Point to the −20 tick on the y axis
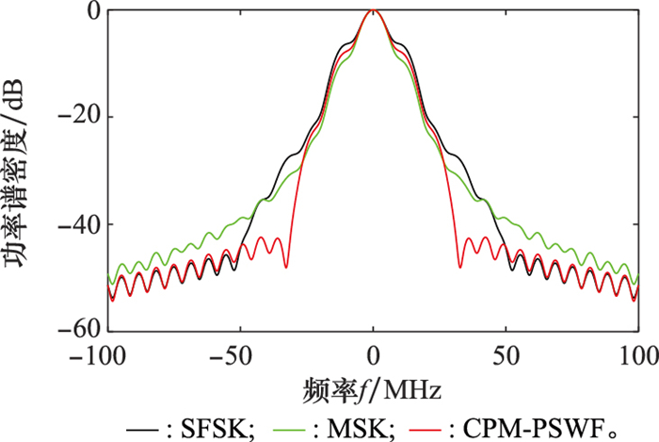79,118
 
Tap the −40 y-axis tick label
79,224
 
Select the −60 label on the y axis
79,330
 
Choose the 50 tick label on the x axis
506,360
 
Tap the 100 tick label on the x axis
638,360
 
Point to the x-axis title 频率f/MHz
374,387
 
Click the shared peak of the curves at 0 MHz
374,10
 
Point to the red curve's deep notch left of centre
287,268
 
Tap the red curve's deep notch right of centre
459,268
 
